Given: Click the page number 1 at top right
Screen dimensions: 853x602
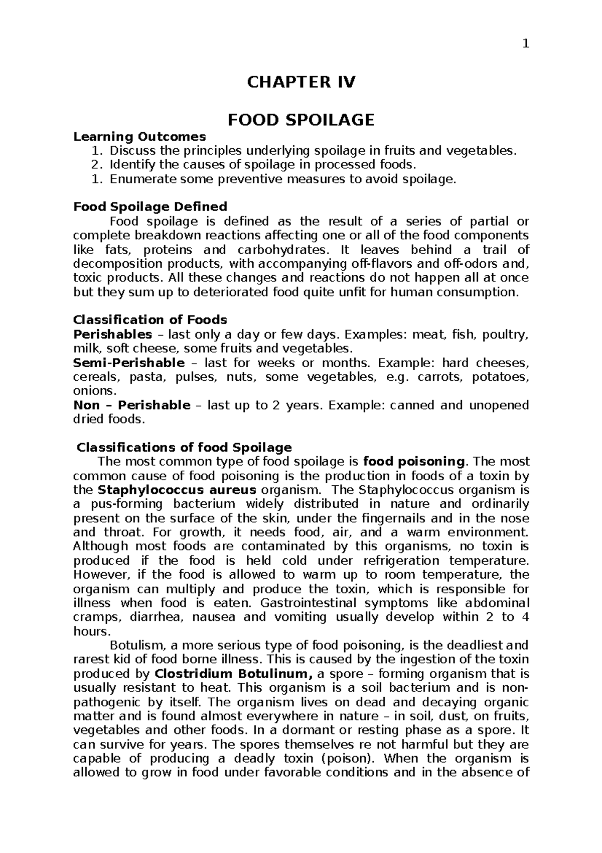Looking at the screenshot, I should point(525,44).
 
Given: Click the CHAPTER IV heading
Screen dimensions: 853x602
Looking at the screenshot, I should point(301,82).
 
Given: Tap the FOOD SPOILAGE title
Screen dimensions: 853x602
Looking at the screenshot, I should point(301,120).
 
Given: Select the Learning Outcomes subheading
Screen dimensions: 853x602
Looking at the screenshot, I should point(139,136).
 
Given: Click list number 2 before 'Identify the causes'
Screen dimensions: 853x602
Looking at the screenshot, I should point(101,164).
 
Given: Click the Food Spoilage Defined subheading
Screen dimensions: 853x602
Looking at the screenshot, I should point(150,206).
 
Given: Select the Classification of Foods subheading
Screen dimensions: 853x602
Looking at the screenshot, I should point(150,319).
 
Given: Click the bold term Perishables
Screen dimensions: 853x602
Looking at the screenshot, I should point(112,334).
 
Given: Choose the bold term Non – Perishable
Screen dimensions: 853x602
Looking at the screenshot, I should point(132,405).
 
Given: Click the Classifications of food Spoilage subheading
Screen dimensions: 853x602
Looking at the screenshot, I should point(184,447).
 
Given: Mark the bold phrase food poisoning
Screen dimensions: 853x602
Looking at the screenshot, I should point(414,461).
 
